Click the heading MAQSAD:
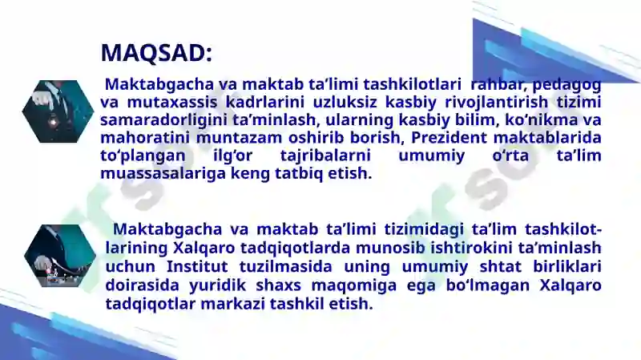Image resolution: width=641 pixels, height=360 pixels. coord(156,53)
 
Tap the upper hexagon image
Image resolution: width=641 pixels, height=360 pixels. coord(58,111)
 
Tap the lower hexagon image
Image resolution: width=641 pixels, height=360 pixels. coord(60,256)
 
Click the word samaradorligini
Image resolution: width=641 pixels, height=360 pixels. coord(163,120)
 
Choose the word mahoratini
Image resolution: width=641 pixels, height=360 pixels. coord(145,138)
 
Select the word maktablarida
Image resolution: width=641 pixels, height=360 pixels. coord(547,138)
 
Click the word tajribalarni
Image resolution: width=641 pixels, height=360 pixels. coord(325,156)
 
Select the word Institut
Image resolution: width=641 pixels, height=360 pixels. coord(197,267)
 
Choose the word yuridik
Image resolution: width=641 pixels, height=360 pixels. coord(217,285)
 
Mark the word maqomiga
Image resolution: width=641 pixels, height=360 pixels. coord(354,286)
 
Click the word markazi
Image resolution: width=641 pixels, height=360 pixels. coord(233,305)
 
